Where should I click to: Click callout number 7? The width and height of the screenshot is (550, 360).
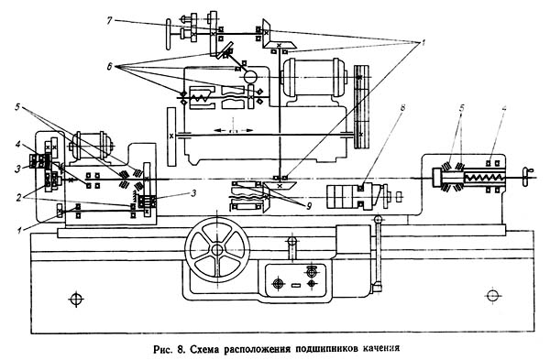(109, 21)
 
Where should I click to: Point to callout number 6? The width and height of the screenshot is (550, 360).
(109, 66)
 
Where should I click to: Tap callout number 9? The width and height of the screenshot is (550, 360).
(309, 207)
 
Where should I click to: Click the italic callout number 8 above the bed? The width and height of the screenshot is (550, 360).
(402, 107)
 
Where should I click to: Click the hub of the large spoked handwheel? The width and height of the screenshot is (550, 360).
(217, 249)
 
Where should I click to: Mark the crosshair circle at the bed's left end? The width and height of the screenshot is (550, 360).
(76, 299)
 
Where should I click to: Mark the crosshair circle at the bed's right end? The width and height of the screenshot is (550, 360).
(492, 295)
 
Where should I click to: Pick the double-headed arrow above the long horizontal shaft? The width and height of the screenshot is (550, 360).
(233, 130)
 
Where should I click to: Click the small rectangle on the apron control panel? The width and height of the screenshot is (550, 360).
(296, 285)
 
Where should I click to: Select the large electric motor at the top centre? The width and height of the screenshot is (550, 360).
(313, 78)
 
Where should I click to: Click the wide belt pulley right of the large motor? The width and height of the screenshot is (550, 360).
(362, 106)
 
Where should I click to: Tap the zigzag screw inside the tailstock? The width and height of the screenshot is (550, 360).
(484, 178)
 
